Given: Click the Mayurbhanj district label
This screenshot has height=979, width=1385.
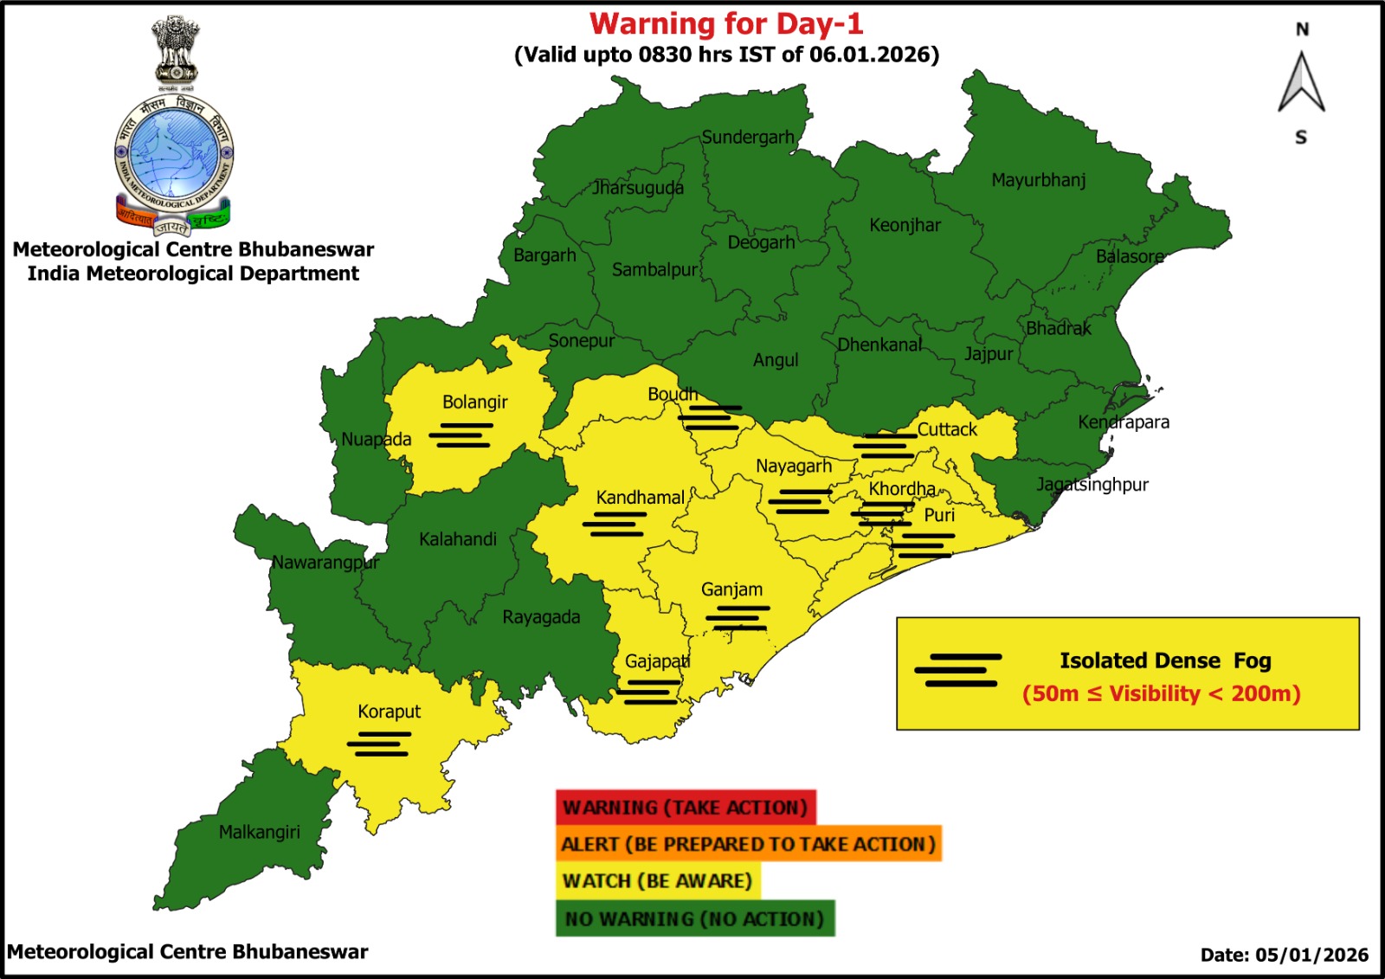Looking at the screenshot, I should tap(1038, 180).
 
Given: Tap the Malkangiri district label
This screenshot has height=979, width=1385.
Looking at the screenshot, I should tap(259, 832).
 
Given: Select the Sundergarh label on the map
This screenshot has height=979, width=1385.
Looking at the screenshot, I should tap(748, 137).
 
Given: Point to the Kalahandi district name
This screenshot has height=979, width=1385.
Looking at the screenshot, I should tap(458, 539).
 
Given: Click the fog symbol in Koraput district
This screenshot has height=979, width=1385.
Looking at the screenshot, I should tap(379, 744).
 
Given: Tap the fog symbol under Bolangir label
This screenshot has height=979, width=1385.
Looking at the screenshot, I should tap(461, 435).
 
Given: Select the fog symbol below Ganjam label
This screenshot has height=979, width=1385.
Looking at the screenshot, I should tap(738, 617).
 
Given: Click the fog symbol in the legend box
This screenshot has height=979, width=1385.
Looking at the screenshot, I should tap(958, 670).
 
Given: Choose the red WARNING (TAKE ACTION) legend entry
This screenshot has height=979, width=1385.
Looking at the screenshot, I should tap(686, 808).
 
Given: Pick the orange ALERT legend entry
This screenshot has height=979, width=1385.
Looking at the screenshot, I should tap(748, 844).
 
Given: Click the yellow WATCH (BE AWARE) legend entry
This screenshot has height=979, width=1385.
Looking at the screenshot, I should tap(658, 881).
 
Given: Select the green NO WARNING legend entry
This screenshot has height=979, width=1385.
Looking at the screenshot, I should tap(695, 918).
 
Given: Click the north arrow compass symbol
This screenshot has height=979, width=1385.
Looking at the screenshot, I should tap(1301, 83).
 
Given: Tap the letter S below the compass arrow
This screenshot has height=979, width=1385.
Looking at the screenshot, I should tap(1301, 138).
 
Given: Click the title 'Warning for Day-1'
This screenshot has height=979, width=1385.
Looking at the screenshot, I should tap(726, 23).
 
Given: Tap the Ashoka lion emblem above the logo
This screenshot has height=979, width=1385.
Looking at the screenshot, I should tap(176, 50).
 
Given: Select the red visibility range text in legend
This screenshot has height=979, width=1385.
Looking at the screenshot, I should tap(1161, 694).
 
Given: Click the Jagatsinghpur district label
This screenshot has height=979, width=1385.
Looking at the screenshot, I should tap(1092, 485).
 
